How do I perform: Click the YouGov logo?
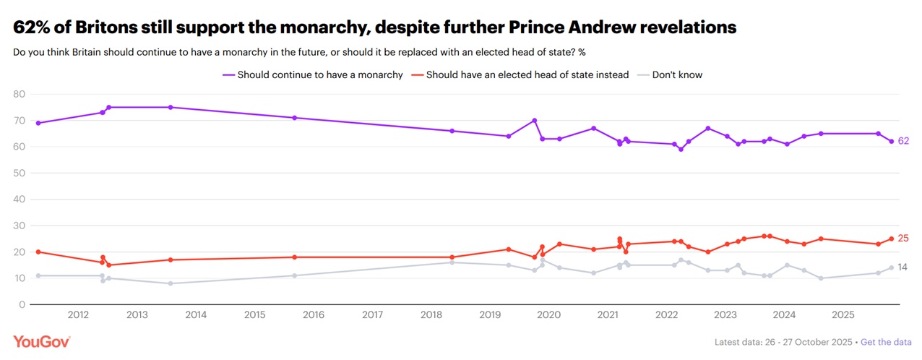coord(41,342)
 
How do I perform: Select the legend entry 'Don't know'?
coord(676,74)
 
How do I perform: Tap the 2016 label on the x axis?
coord(313,314)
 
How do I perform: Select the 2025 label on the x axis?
coord(843,314)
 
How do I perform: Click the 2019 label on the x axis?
coord(490,314)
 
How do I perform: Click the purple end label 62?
coord(903,141)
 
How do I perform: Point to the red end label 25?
coord(903,239)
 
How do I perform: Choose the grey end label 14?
coord(903,267)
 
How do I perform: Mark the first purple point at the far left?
coord(38,123)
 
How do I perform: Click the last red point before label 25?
coord(892,239)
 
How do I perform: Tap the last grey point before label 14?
coord(892,267)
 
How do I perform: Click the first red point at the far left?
coord(38,252)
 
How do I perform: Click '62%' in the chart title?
coord(33,27)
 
